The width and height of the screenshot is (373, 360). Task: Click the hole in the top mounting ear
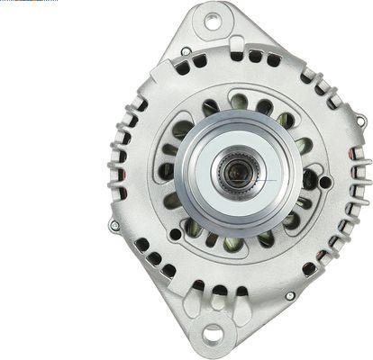point(213,19)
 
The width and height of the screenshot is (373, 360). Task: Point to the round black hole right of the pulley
point(324,183)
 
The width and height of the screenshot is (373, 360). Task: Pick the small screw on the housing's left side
point(114,225)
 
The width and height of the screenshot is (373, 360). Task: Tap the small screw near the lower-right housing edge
point(290,294)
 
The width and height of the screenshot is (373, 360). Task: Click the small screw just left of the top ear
point(185,51)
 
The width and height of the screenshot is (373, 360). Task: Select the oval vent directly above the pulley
point(241,102)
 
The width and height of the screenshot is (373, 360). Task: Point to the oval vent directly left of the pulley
point(168,170)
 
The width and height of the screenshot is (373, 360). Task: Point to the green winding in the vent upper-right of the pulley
point(286,120)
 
